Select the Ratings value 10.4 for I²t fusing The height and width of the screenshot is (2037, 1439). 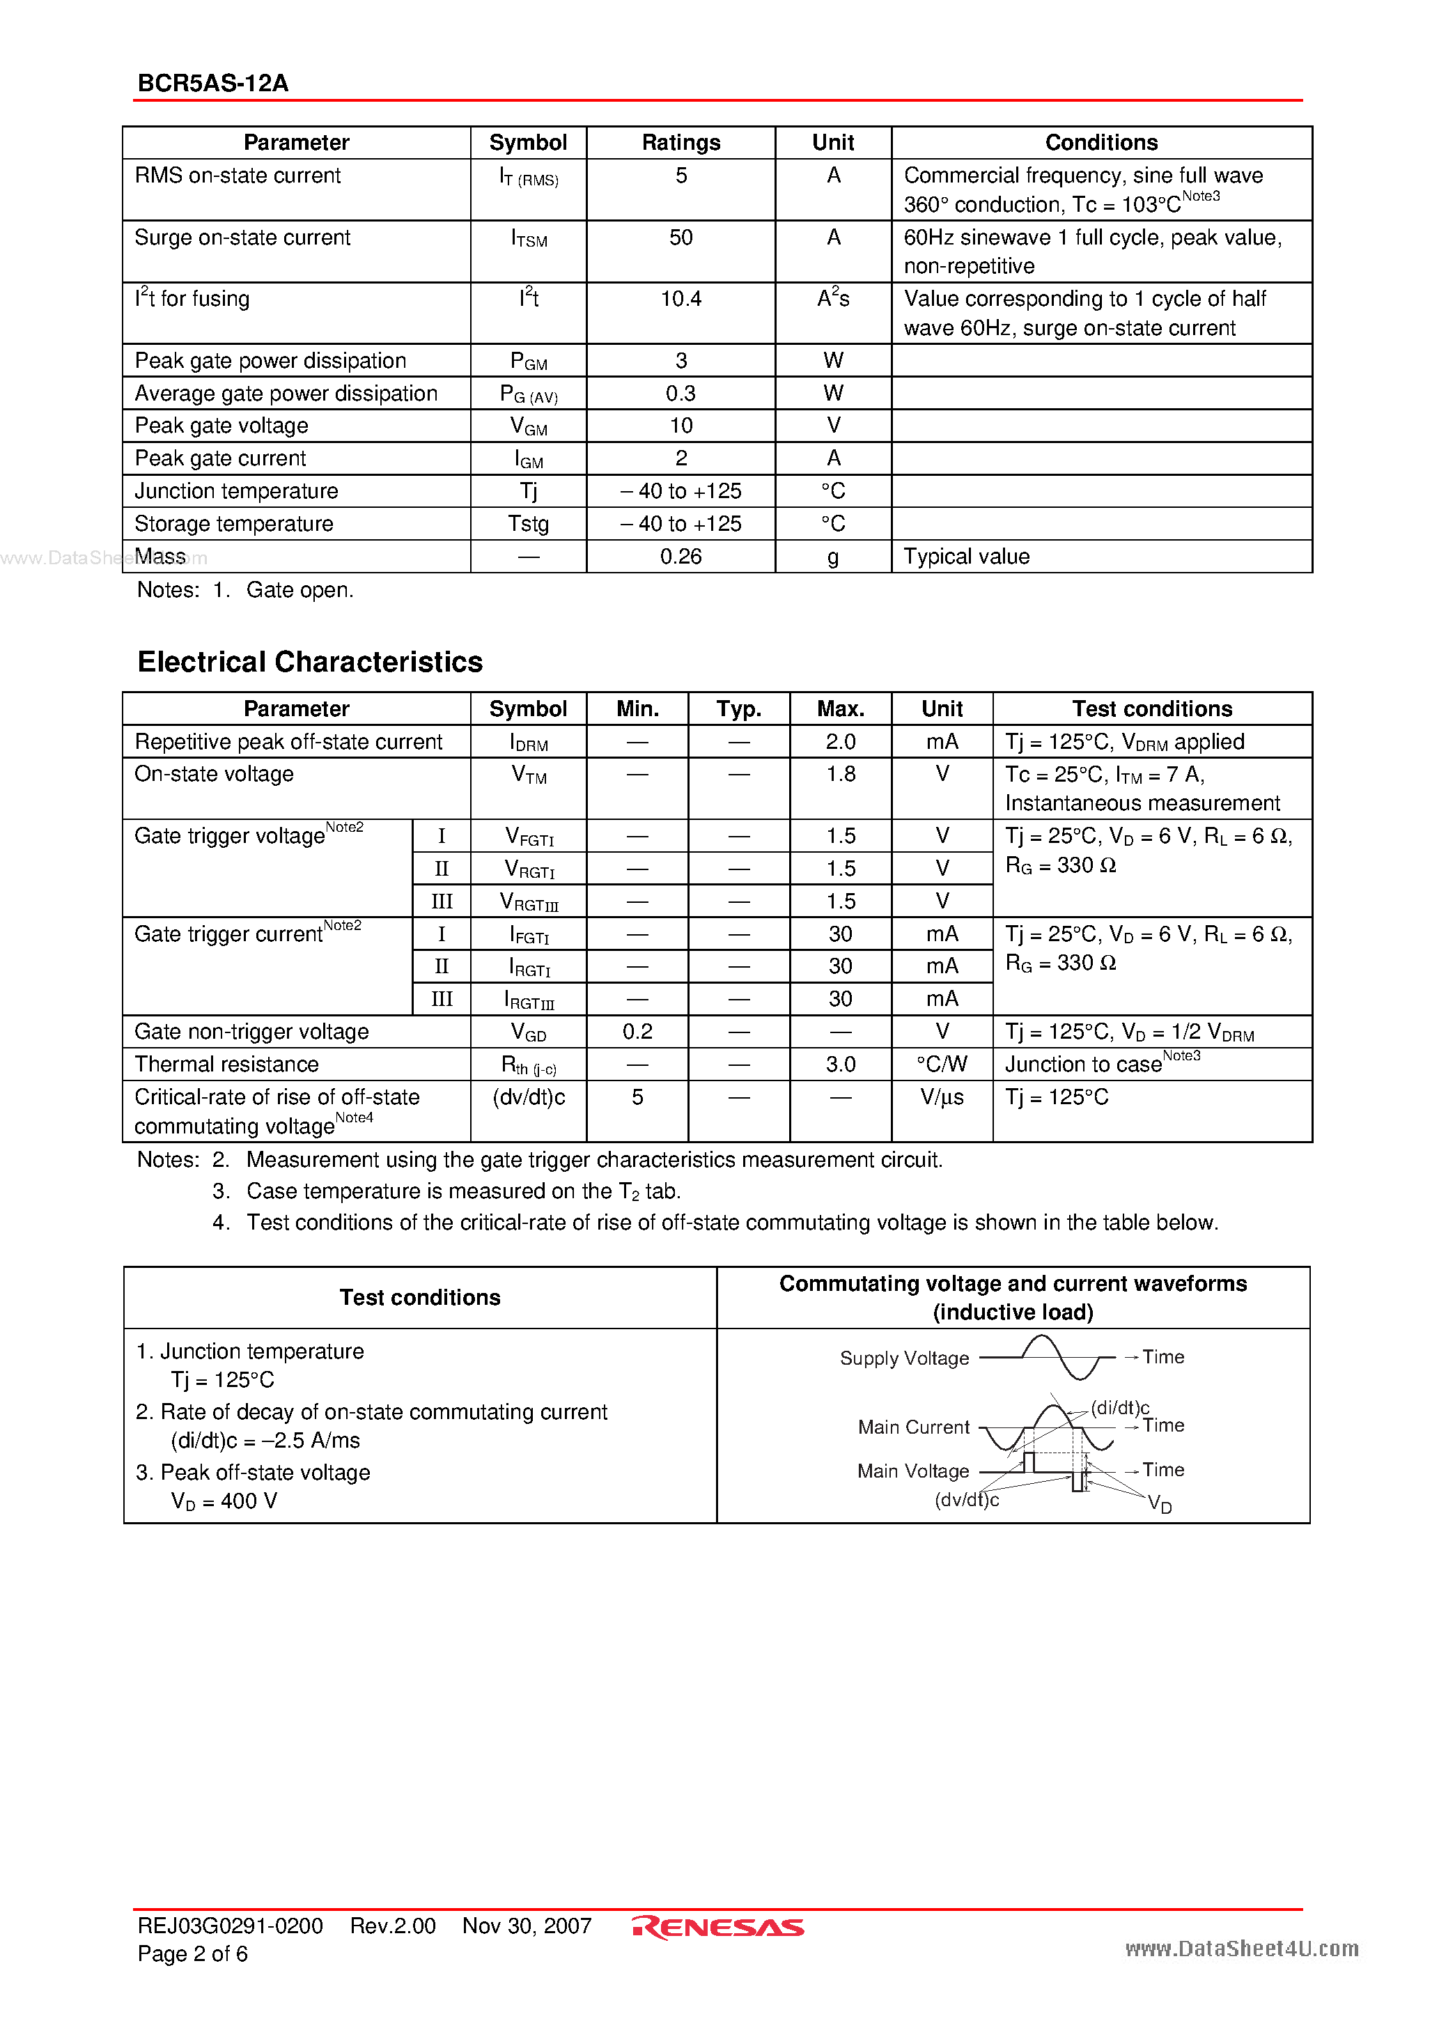pos(680,299)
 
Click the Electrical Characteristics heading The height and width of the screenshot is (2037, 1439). pos(310,662)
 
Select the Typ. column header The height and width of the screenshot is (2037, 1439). pos(738,709)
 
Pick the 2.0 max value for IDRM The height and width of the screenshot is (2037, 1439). pos(840,742)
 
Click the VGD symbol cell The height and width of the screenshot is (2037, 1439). pos(529,1032)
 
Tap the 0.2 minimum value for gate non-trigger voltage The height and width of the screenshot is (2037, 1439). pos(637,1031)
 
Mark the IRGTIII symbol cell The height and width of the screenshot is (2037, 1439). pos(529,1000)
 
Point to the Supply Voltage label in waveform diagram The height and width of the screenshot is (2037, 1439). pos(904,1358)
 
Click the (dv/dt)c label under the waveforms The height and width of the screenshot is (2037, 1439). pos(966,1499)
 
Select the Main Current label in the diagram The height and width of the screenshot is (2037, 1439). pos(913,1427)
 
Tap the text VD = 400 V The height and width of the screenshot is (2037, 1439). pos(224,1501)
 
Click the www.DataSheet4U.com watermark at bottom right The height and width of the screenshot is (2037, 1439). pos(1241,1949)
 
